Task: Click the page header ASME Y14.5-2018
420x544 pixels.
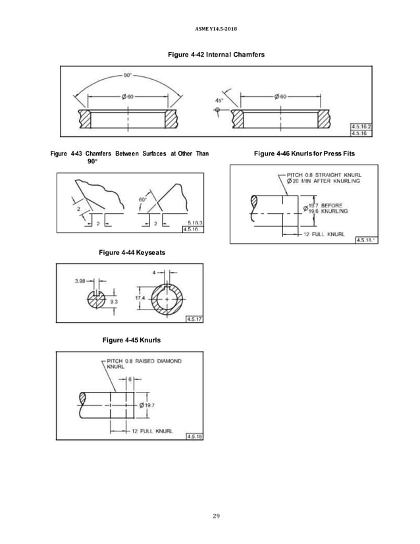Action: pos(209,30)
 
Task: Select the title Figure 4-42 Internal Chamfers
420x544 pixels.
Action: pos(210,54)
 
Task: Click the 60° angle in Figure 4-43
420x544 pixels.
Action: pos(142,198)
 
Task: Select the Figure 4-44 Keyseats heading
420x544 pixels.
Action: pos(130,252)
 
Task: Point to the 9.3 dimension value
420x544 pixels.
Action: pos(114,302)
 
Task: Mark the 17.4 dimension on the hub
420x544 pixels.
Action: pos(140,298)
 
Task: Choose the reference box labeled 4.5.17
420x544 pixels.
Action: pos(194,319)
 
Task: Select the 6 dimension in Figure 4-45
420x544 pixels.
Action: pos(130,379)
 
